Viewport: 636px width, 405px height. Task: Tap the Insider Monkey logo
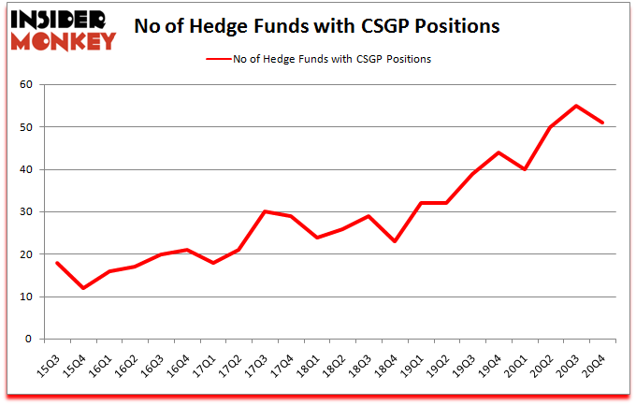pos(63,29)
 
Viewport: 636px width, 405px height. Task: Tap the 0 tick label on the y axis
pos(29,340)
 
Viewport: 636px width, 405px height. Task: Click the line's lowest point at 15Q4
pos(83,288)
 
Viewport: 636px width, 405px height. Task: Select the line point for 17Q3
pos(266,211)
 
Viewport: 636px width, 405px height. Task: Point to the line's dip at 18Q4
pos(396,241)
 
